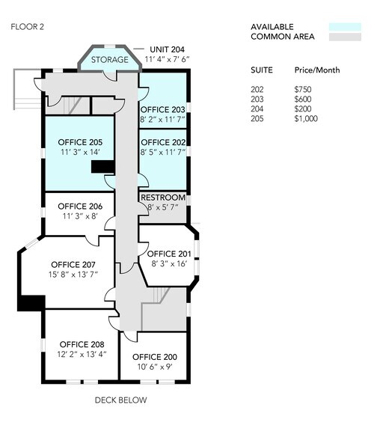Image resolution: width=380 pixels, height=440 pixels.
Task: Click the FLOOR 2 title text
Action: tap(28, 26)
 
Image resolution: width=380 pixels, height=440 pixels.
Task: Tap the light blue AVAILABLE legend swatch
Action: tap(339, 26)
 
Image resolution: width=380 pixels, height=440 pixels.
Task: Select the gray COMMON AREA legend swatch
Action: tap(339, 37)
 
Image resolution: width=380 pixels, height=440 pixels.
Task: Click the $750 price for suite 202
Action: tap(304, 89)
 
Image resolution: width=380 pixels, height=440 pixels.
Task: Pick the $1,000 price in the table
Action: tap(307, 118)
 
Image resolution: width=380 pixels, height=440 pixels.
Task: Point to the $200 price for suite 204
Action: tap(304, 109)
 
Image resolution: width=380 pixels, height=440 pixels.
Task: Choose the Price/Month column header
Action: tap(317, 70)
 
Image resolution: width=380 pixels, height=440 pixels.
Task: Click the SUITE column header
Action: tap(262, 70)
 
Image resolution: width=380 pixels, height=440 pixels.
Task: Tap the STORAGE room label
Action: tap(110, 59)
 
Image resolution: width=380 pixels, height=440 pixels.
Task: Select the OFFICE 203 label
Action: tap(162, 109)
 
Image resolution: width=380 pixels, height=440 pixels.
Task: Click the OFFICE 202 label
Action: tap(162, 142)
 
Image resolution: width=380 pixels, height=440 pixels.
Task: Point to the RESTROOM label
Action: tap(162, 198)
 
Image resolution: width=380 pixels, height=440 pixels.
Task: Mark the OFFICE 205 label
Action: tap(80, 142)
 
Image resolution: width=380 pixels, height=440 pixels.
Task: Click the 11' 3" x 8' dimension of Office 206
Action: tap(79, 216)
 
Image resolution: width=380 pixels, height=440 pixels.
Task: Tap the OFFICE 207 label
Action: tap(73, 264)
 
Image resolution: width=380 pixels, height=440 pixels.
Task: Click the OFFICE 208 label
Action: tap(82, 344)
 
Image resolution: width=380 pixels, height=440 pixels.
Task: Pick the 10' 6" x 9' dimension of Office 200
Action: tap(154, 366)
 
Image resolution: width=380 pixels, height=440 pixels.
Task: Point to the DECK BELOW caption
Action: tap(120, 400)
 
